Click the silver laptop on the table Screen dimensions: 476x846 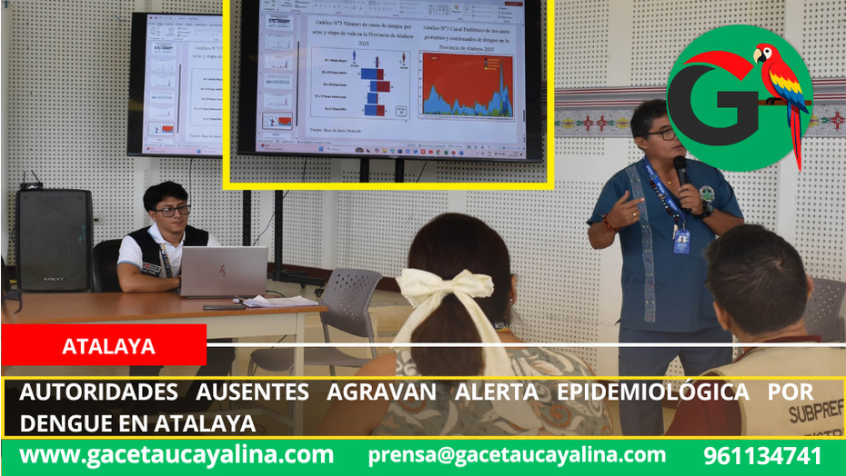point(222,272)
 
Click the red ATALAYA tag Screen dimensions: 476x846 point(104,346)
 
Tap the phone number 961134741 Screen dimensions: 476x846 point(762,456)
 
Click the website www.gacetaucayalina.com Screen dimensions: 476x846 point(176,456)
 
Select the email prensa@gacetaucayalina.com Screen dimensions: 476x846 point(517,456)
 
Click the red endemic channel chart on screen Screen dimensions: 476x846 point(466,84)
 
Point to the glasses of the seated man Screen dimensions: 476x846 point(172,211)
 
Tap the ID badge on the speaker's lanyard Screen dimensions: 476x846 point(680,241)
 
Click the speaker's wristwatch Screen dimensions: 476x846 point(707,209)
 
